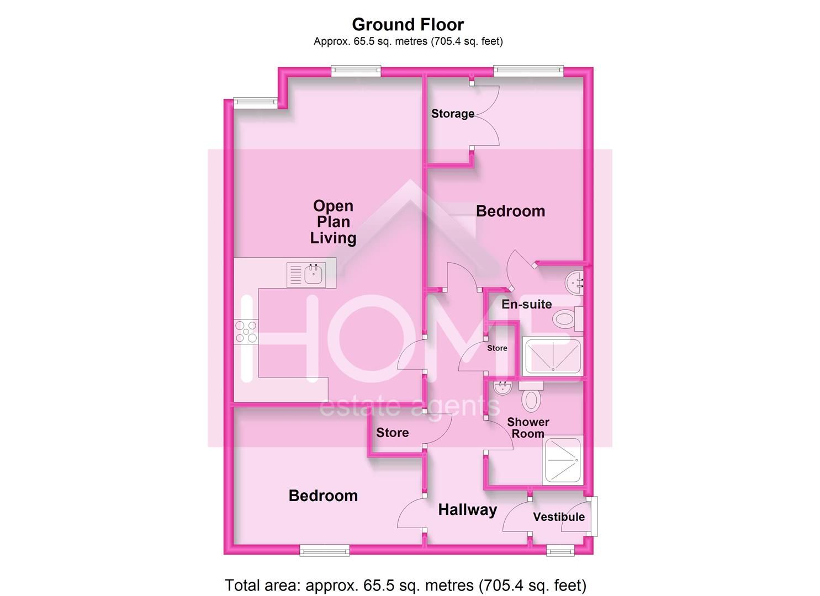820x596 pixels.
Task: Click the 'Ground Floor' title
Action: (x=408, y=24)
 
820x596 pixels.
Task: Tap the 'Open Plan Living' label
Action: (x=333, y=222)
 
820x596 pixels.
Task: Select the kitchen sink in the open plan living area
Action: (x=313, y=274)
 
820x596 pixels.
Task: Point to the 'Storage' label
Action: (x=453, y=114)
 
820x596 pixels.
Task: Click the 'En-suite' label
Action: (x=526, y=304)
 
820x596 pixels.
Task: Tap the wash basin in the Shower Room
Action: (x=503, y=388)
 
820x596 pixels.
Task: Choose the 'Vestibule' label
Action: (x=559, y=517)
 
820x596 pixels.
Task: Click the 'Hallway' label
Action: (x=467, y=510)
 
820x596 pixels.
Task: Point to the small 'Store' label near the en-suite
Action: (x=497, y=348)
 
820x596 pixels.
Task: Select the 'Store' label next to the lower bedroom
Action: (x=393, y=433)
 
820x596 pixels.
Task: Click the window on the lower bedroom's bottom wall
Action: (x=325, y=550)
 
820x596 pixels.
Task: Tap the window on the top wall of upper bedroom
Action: (x=528, y=70)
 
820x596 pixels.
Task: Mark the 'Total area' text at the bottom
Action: (x=405, y=585)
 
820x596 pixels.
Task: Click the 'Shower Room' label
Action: (x=528, y=428)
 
